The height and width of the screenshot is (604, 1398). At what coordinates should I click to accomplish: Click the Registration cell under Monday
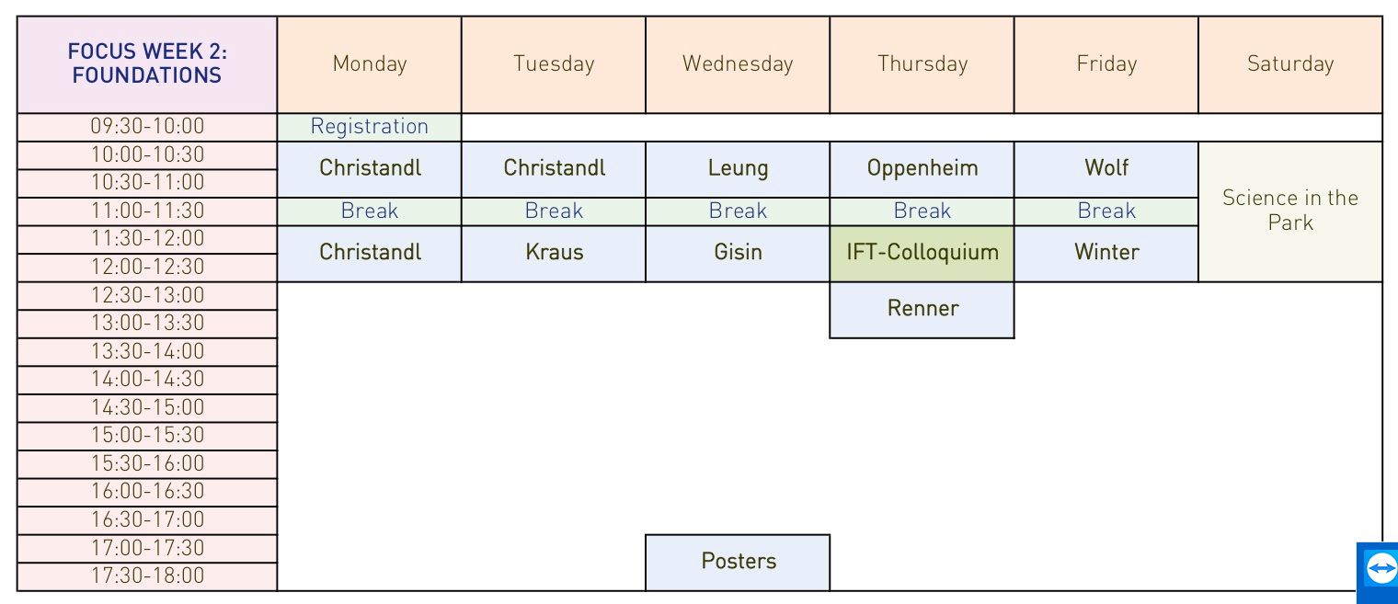point(369,127)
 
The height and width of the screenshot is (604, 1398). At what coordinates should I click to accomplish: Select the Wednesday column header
point(738,64)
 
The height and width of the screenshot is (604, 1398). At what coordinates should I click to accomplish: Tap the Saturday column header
point(1290,64)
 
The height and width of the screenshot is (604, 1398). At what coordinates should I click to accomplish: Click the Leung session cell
point(738,169)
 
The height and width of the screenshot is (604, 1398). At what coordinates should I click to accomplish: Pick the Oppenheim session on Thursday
point(922,169)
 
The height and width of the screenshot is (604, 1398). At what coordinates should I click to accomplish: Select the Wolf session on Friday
point(1106,169)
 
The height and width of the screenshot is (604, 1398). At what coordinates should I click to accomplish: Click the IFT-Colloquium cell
point(922,254)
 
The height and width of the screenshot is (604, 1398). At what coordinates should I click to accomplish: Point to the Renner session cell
point(922,310)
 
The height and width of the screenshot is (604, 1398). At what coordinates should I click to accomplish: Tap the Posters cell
point(738,563)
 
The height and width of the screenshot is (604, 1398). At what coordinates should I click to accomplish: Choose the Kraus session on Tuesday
point(554,254)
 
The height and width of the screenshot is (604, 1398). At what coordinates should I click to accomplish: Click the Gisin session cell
point(738,254)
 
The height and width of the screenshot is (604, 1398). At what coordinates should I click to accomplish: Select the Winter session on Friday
point(1106,254)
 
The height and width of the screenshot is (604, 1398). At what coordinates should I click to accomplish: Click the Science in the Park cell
point(1290,211)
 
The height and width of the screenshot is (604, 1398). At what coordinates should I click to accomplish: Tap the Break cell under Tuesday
point(554,211)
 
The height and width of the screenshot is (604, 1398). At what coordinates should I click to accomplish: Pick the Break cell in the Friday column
point(1106,211)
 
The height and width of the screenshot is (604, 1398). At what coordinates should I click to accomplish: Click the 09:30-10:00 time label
point(147,127)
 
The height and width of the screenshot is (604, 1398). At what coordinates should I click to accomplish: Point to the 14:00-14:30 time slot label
point(147,380)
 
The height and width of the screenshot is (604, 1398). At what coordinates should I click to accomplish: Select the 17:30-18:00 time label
point(147,576)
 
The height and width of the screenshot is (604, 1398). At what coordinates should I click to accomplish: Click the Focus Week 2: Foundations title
point(147,63)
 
